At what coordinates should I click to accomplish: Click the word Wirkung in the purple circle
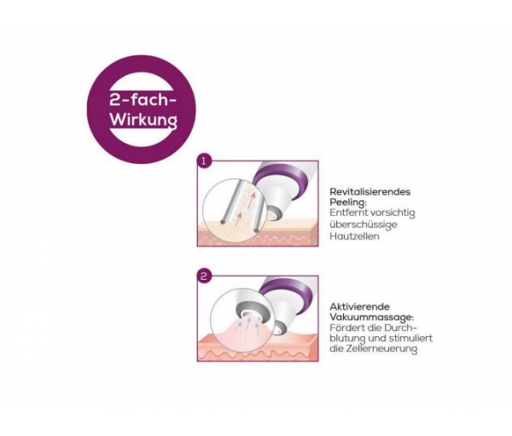(143, 119)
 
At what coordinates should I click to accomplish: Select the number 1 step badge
(205, 161)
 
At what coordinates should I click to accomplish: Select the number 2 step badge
(204, 276)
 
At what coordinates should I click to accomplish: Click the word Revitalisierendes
(370, 192)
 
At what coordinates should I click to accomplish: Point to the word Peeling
(346, 202)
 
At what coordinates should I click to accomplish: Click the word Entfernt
(347, 212)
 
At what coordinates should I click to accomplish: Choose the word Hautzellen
(354, 235)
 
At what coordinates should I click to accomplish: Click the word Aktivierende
(360, 306)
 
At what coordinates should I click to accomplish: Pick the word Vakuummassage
(370, 317)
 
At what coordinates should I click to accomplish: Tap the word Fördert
(346, 328)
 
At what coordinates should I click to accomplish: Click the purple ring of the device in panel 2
(288, 294)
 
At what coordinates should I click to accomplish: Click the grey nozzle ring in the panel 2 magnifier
(251, 311)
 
